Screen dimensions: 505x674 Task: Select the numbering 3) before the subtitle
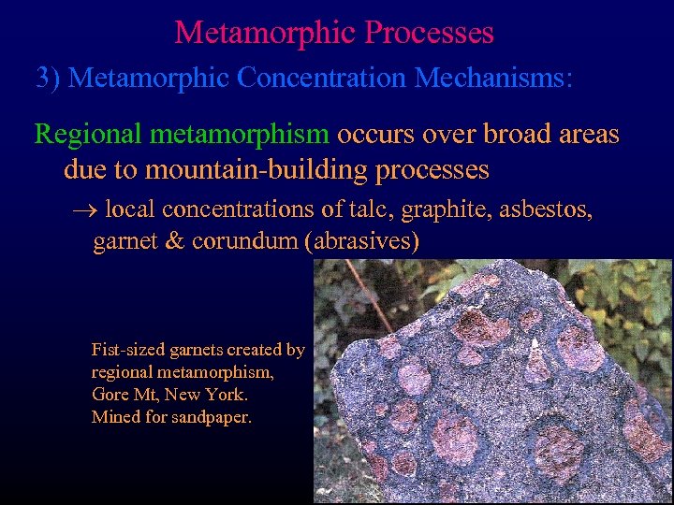coord(48,77)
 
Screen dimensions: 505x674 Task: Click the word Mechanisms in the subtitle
coord(491,77)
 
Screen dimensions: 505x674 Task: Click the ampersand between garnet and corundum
coord(175,241)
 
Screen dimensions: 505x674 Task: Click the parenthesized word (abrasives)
coord(361,242)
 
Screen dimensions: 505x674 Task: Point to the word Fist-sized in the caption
coord(130,351)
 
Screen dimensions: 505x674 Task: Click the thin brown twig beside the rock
coord(357,285)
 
